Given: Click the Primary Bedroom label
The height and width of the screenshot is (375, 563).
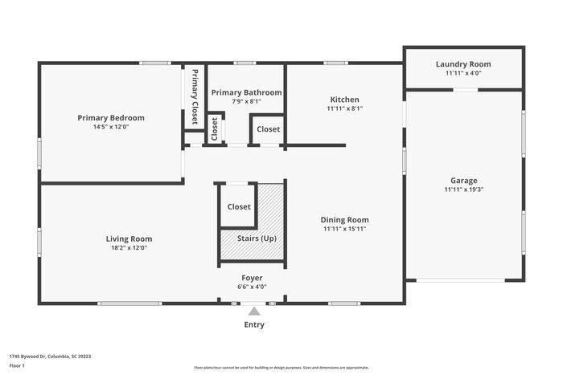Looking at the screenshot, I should point(111,117).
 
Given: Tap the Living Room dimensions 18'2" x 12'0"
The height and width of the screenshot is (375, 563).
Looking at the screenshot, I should point(129,248).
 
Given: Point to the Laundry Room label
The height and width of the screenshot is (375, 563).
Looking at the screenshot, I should point(463,64).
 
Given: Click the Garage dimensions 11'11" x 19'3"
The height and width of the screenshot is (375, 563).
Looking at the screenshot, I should point(463,190).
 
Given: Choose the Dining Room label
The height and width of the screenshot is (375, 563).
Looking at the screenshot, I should point(344,219).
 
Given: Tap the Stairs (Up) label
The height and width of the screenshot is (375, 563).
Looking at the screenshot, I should point(257,238).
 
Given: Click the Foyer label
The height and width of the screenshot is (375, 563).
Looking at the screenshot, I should point(252,277).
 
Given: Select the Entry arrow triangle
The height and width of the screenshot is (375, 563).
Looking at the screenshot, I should point(253,311).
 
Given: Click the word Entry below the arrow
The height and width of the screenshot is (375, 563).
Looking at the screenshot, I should point(253,325).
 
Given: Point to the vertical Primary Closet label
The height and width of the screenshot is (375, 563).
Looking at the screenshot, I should point(195,96).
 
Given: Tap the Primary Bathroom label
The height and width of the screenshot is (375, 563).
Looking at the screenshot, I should point(246,92).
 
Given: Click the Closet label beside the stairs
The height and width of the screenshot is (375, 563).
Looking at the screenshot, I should point(239,206).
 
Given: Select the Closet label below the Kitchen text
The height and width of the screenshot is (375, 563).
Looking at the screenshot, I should point(268,128).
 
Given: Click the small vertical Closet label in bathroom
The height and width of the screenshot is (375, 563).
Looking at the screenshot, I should point(215,128).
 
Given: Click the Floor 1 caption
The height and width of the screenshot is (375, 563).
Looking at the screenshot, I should point(17,365).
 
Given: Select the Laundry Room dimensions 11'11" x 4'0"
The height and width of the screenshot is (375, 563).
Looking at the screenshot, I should point(463,73).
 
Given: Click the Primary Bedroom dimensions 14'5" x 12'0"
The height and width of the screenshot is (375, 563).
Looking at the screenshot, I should point(111,127).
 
